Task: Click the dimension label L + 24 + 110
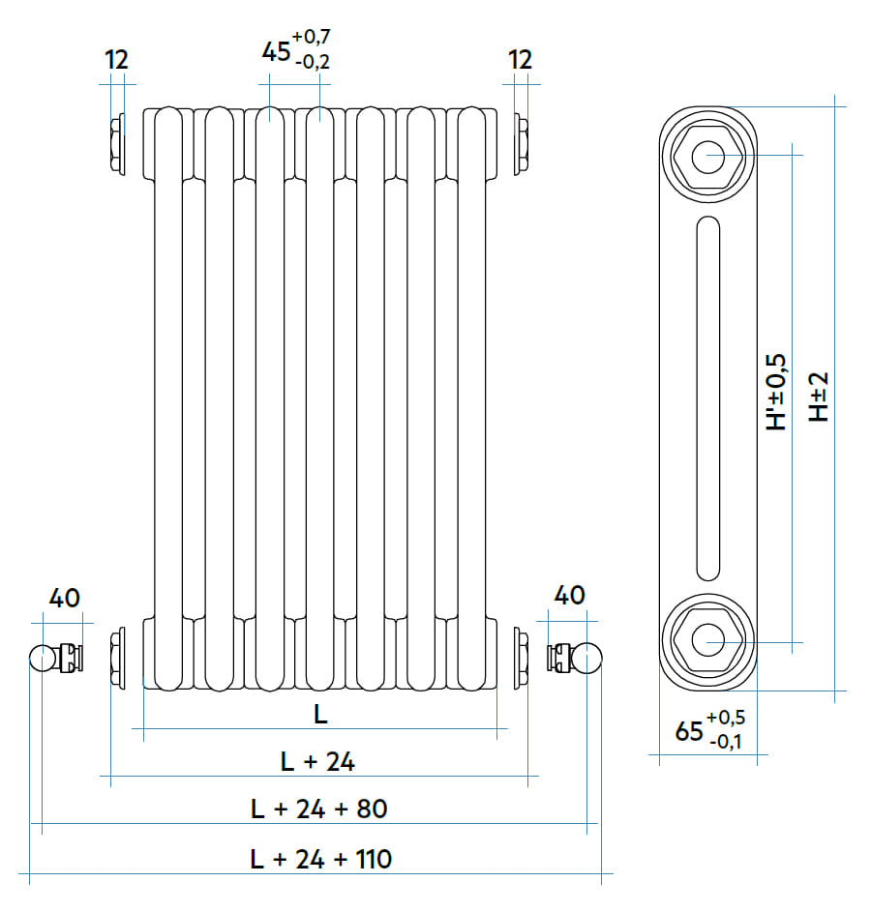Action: coord(319,858)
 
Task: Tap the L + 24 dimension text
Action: coord(318,761)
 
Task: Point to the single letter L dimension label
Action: coord(320,715)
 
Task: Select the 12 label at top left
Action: coord(116,60)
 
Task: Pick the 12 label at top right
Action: coord(521,60)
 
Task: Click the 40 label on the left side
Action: coord(64,597)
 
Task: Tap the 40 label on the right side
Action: coord(569,595)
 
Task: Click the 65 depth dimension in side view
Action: coord(689,732)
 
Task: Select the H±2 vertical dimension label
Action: coord(820,397)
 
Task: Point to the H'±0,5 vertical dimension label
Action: coord(777,392)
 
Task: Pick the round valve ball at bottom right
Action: coord(589,659)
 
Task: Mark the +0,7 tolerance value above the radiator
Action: coord(314,38)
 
